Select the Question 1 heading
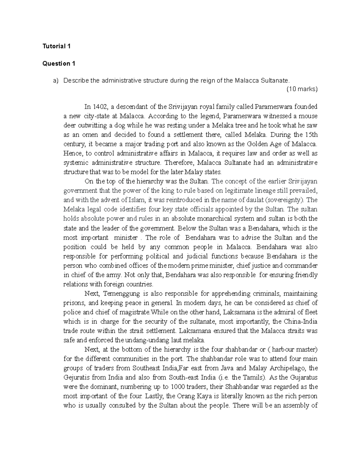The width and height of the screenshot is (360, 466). click(x=58, y=64)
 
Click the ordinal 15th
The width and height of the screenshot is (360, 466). click(x=311, y=135)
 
